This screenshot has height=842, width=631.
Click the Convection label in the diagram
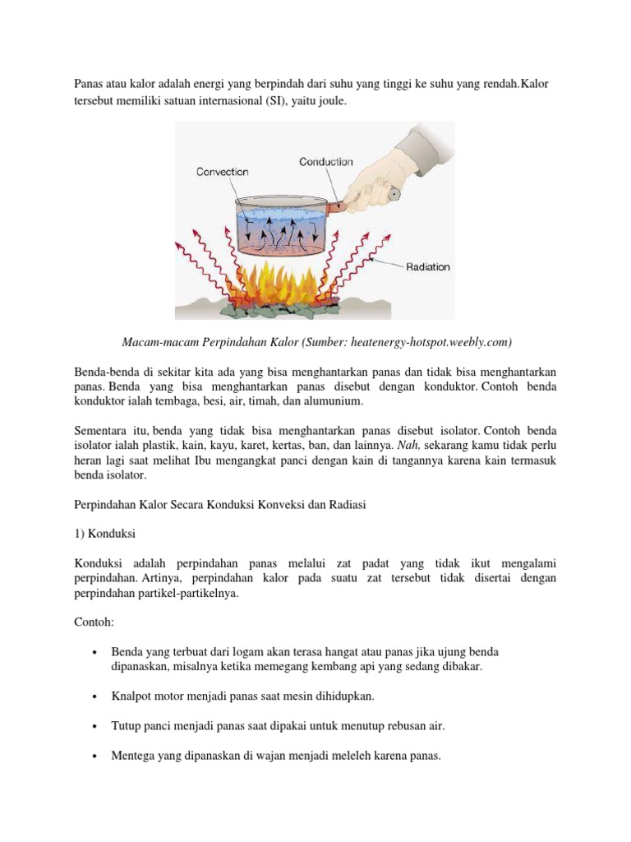(222, 172)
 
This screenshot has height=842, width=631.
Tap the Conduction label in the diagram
(326, 162)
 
